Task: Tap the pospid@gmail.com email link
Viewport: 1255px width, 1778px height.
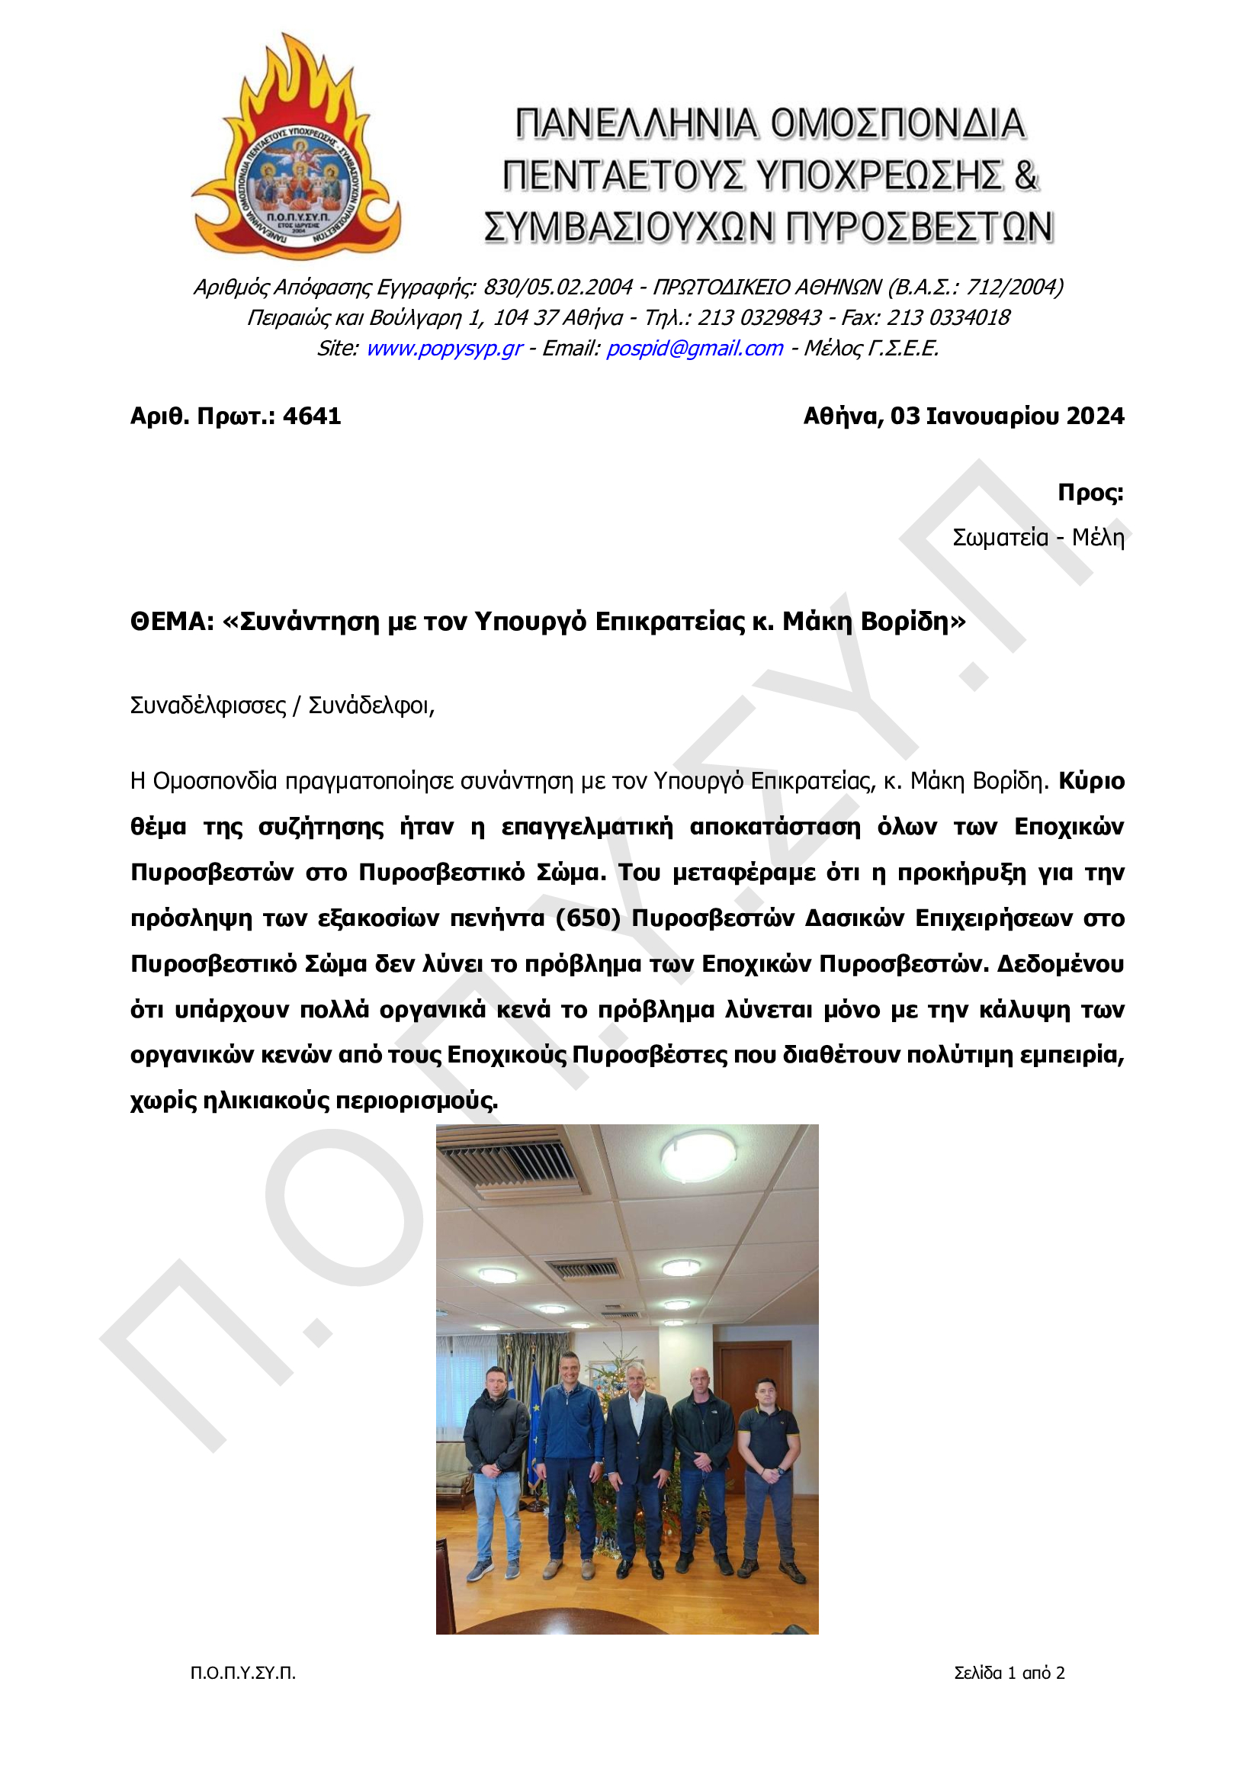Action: coord(695,349)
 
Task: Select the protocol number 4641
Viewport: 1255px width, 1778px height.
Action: coord(312,416)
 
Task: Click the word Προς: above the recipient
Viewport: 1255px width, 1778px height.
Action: coord(1090,493)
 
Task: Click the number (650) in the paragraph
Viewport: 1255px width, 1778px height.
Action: coord(589,918)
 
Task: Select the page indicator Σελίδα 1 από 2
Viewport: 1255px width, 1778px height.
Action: coord(1009,1673)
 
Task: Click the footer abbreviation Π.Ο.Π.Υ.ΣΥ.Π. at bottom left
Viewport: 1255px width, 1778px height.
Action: coord(243,1673)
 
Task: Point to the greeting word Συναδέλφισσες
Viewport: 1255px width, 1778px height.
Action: coord(207,706)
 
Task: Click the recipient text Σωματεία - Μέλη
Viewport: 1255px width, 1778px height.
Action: coord(1038,538)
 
